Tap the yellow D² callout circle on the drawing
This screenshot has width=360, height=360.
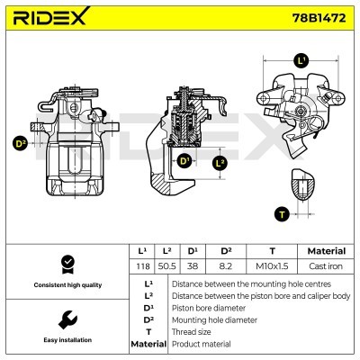pyautogui.click(x=20, y=142)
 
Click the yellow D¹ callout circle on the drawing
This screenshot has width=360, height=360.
pyautogui.click(x=184, y=160)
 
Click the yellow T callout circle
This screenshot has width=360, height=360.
pyautogui.click(x=282, y=213)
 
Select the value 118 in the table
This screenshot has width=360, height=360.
pyautogui.click(x=141, y=267)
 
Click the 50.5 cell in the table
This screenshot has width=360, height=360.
pyautogui.click(x=167, y=267)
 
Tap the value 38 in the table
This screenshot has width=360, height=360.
pyautogui.click(x=193, y=267)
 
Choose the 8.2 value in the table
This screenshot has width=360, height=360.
pyautogui.click(x=227, y=267)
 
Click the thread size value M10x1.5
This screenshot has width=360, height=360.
pyautogui.click(x=272, y=267)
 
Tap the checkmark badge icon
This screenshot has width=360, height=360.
pyautogui.click(x=66, y=264)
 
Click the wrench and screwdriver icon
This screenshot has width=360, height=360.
pyautogui.click(x=66, y=319)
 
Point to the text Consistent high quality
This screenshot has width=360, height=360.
pyautogui.click(x=66, y=285)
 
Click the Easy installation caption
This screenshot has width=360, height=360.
pyautogui.click(x=66, y=341)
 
